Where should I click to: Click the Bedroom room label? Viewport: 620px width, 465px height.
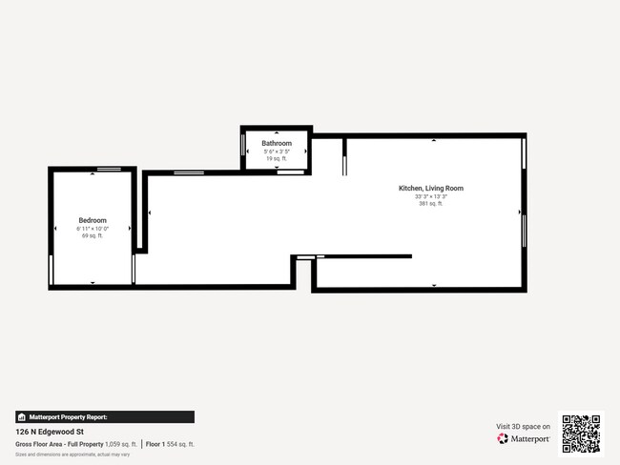pyautogui.click(x=92, y=220)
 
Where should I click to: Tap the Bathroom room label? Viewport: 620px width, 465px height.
pyautogui.click(x=277, y=143)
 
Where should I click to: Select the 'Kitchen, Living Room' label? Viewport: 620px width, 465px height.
pyautogui.click(x=430, y=189)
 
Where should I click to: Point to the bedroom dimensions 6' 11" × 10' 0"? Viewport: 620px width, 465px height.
pyautogui.click(x=92, y=229)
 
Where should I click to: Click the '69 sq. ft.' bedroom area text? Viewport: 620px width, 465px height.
pyautogui.click(x=92, y=236)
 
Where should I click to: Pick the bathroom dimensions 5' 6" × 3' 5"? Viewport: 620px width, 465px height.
pyautogui.click(x=277, y=152)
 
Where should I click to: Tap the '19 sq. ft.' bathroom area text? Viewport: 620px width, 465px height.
pyautogui.click(x=277, y=158)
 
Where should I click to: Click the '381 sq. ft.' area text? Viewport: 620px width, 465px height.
pyautogui.click(x=430, y=204)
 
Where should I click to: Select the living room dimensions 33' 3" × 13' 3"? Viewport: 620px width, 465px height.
pyautogui.click(x=430, y=197)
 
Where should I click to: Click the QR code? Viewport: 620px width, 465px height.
pyautogui.click(x=581, y=434)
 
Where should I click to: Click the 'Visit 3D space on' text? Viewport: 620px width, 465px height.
pyautogui.click(x=523, y=427)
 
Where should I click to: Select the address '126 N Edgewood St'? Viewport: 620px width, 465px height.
pyautogui.click(x=50, y=431)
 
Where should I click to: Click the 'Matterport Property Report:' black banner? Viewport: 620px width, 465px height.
pyautogui.click(x=105, y=416)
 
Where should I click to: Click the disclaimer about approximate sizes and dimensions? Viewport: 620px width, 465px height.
pyautogui.click(x=72, y=455)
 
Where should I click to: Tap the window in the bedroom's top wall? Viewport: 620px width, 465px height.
pyautogui.click(x=109, y=169)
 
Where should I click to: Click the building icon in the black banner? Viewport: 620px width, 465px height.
pyautogui.click(x=21, y=416)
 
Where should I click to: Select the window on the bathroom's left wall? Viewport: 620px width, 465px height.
pyautogui.click(x=243, y=147)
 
